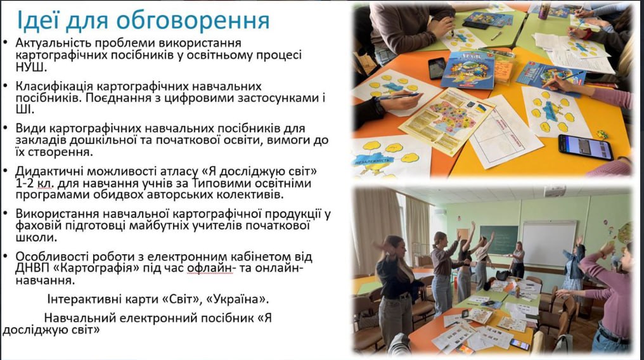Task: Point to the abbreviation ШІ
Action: (x=25, y=110)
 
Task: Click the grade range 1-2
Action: (x=25, y=183)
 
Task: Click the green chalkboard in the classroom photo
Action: (x=499, y=240)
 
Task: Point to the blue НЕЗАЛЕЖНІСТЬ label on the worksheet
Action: (x=373, y=160)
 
